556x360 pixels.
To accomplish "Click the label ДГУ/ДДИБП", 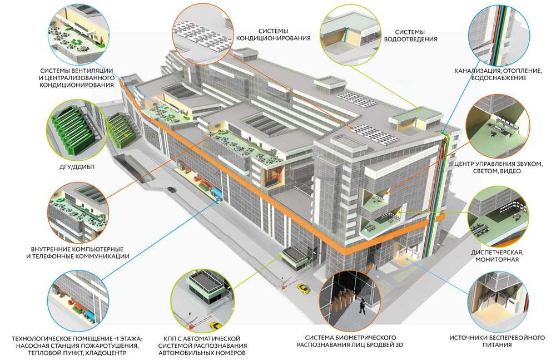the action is coord(77,166).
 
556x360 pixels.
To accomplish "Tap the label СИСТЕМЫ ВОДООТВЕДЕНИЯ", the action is coord(410,36).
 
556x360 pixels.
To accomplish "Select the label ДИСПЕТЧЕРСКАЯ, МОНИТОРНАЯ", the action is coord(497,255).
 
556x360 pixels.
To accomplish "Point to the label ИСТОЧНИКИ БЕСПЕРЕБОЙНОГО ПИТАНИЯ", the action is coord(497,341).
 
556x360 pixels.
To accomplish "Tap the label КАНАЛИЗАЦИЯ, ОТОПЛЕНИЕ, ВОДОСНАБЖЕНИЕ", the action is coord(498,74).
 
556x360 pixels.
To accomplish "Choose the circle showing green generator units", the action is coord(77,130).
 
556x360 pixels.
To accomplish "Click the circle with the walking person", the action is coord(350,302).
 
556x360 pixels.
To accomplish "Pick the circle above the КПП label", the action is coord(202,302).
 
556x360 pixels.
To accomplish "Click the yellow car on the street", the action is coord(303,288).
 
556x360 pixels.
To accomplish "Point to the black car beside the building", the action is coord(172,190).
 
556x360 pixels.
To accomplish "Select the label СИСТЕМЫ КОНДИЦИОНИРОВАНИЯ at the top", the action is coord(273,35).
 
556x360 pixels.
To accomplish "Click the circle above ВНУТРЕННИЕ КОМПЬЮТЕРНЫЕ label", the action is coord(78,213).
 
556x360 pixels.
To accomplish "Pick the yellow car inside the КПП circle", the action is coord(215,325).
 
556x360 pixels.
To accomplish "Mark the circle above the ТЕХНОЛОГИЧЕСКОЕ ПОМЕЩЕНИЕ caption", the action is coord(78,301).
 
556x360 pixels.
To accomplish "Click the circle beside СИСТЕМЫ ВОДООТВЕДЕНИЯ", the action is coord(350,35).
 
